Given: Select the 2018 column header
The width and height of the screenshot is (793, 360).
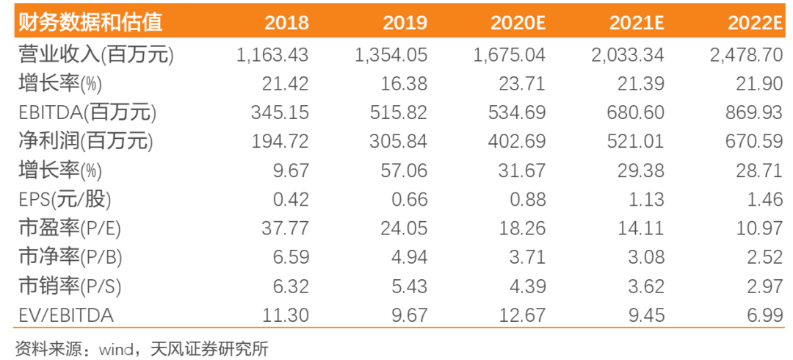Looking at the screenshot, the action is (287, 23).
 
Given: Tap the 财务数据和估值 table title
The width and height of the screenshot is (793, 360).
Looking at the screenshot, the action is (90, 23).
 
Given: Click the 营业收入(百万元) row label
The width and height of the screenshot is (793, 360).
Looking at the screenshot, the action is (95, 54).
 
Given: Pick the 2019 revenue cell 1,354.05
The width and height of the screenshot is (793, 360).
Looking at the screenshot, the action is (391, 54).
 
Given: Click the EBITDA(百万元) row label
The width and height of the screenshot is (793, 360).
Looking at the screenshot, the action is (87, 113).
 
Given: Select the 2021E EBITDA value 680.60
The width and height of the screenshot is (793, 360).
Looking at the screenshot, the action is (636, 112).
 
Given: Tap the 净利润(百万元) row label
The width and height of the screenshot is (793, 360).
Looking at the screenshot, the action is (85, 142).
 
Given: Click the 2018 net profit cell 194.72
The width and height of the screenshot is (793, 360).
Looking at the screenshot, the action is (280, 142).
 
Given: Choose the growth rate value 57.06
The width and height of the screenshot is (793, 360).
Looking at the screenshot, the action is (405, 171).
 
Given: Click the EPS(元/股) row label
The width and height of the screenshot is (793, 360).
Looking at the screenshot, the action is (64, 200).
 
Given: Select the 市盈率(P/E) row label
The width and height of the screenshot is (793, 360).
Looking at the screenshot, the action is (70, 229).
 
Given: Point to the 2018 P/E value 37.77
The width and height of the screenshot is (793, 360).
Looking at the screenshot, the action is (285, 229).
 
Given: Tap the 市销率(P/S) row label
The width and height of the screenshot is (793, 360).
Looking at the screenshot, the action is (70, 287).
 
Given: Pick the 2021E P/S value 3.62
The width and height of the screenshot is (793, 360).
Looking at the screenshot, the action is (647, 287).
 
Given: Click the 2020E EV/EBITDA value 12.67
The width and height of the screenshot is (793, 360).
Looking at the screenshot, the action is (523, 316).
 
